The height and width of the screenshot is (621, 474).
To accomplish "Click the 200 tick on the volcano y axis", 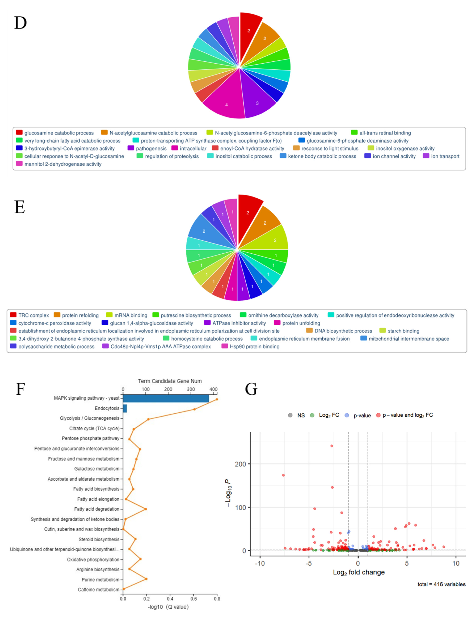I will tap(240, 464).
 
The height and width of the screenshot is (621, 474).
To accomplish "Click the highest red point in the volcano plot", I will tap(331, 446).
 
